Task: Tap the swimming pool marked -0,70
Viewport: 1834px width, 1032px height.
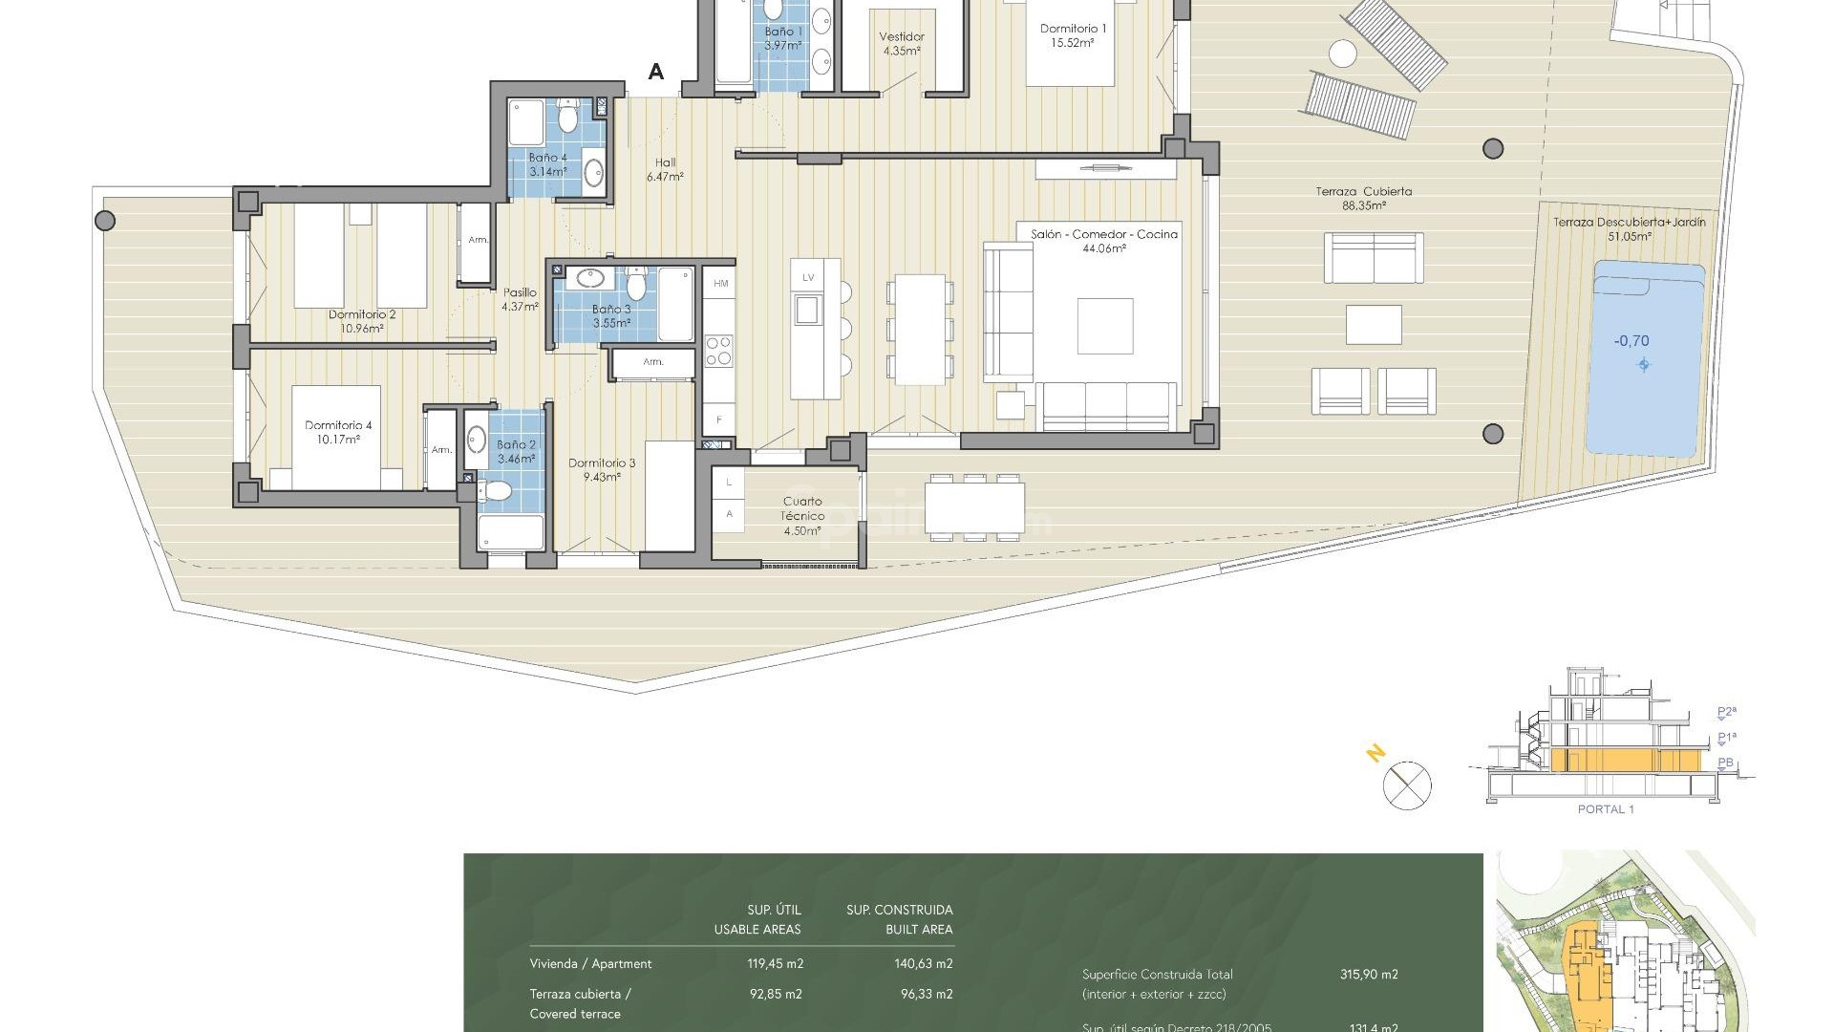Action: point(1644,358)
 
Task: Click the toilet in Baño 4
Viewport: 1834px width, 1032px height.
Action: point(567,118)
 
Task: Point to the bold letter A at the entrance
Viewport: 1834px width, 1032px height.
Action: point(656,72)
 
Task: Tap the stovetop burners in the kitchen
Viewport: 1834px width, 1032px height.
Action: point(718,351)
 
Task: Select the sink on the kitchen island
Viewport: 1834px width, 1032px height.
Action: point(807,310)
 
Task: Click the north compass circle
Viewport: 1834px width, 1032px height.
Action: point(1407,785)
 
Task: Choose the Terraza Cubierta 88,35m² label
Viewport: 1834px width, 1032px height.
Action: point(1363,198)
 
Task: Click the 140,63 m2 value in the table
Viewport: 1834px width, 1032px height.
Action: point(923,963)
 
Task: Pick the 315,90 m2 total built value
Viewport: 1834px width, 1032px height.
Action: point(1368,974)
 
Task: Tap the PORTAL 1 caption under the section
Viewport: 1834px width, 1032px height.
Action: point(1605,809)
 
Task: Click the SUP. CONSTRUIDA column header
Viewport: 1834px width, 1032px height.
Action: point(899,910)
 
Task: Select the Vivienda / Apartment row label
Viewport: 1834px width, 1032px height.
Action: point(590,963)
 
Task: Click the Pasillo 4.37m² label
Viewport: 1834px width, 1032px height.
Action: point(520,299)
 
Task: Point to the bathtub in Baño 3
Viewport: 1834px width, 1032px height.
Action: point(675,304)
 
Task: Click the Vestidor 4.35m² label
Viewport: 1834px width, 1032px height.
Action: point(901,44)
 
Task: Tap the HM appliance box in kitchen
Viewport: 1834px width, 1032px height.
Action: point(720,283)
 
